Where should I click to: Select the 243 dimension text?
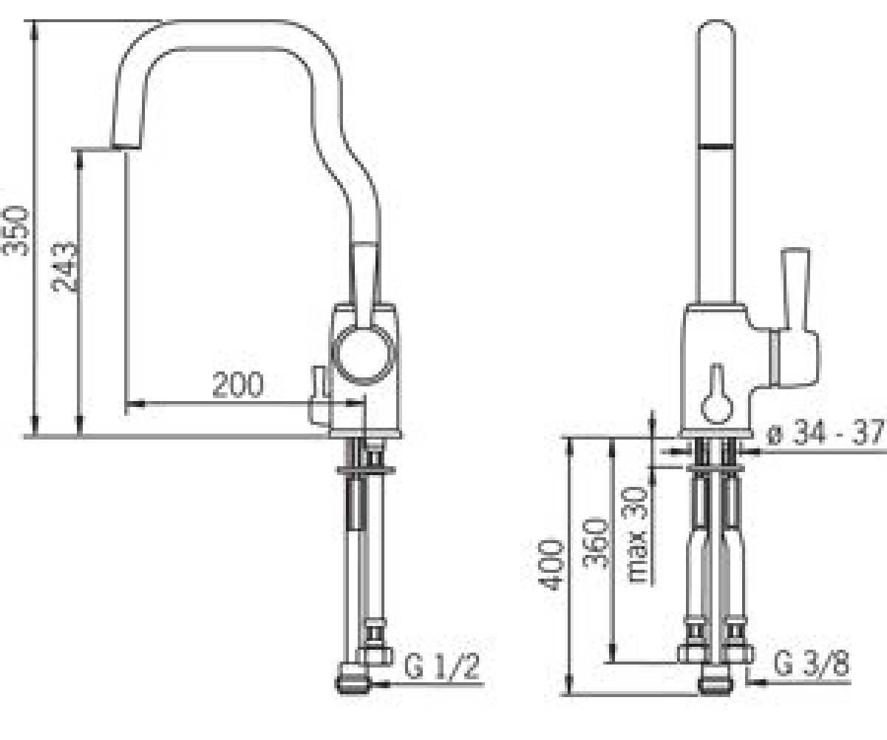[64, 266]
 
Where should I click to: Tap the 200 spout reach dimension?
[237, 385]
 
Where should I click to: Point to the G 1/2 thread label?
[441, 667]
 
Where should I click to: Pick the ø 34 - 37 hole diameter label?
[827, 432]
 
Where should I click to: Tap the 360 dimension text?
[595, 542]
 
